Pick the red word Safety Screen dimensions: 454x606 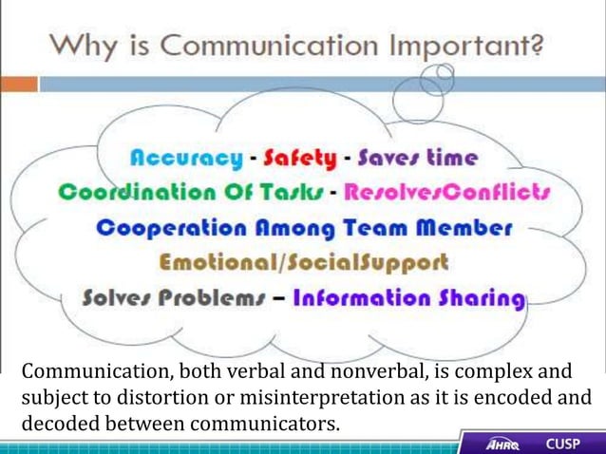[x=300, y=158]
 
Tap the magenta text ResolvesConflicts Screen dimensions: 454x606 [x=447, y=193]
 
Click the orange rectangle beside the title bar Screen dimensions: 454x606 [x=19, y=84]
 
